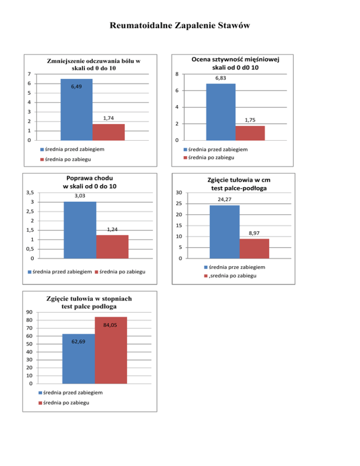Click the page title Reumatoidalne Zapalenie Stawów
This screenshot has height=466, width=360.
point(180,26)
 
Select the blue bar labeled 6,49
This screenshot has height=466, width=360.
point(76,109)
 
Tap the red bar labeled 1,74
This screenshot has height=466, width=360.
point(109,132)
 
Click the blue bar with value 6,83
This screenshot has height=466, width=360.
point(221,112)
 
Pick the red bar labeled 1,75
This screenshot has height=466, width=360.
point(250,133)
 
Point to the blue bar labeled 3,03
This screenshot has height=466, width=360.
point(80,230)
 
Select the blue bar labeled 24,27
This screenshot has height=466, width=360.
point(224,232)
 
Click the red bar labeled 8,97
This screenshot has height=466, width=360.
point(254,248)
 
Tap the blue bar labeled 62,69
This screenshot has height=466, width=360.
point(78,359)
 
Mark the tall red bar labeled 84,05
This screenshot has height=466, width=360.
point(111,350)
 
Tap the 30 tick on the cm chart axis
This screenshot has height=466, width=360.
point(179,193)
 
